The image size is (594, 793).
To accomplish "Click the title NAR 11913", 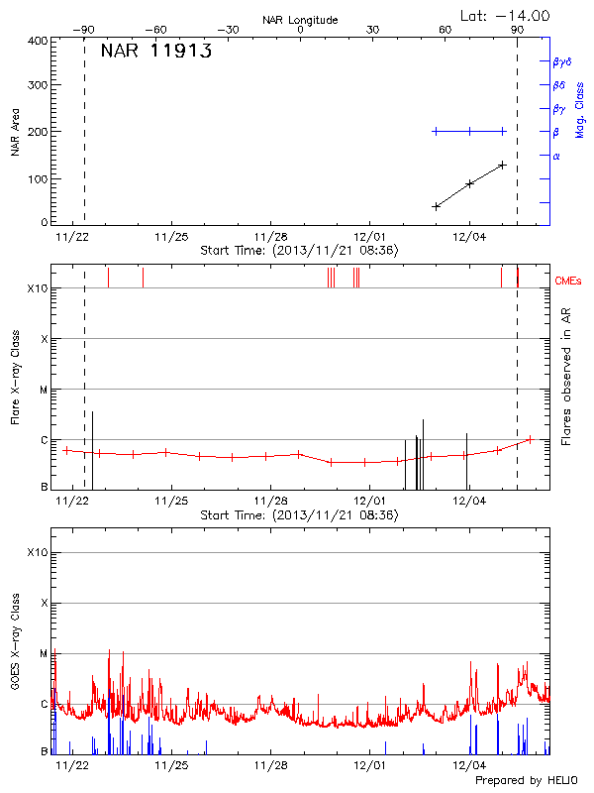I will click(156, 53).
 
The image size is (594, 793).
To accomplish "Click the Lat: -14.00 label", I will click(506, 15).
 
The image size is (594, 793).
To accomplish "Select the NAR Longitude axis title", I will click(300, 20).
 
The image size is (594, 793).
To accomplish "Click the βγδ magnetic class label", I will click(562, 61).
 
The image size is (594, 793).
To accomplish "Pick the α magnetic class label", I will click(556, 156).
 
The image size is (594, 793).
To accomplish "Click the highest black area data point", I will click(503, 165).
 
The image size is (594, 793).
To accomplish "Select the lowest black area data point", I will click(436, 206).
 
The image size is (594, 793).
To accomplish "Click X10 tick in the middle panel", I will click(38, 288).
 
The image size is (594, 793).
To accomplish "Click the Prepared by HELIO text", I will click(525, 781).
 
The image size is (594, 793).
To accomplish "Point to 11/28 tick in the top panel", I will click(270, 237).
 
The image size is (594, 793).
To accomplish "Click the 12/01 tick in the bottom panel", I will click(369, 766).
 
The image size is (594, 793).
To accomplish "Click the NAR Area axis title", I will click(15, 133).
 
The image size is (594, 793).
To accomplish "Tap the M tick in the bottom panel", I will click(44, 653).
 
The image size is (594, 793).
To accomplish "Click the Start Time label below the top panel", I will click(299, 251).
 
